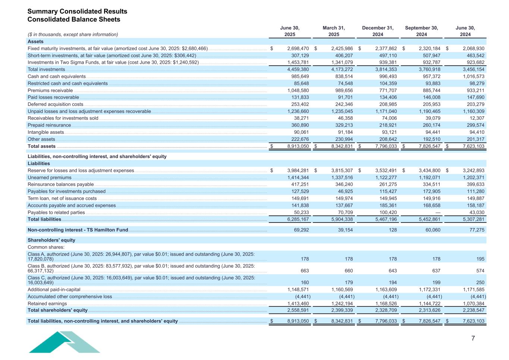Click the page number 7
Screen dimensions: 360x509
tap(473, 338)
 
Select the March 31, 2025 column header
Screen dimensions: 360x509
tap(334, 31)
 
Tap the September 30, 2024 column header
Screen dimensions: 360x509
tap(421, 31)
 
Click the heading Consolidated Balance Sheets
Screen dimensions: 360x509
tap(74, 19)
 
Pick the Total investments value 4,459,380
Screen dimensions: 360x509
tap(298, 69)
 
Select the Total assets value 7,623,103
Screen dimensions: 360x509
tap(474, 146)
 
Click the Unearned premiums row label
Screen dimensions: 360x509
tap(50, 178)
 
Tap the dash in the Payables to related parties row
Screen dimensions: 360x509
tap(438, 213)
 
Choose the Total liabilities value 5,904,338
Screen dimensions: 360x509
tap(342, 220)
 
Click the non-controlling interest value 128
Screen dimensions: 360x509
tap(393, 230)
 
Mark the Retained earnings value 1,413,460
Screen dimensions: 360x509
tap(298, 304)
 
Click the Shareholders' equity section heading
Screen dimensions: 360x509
tap(51, 240)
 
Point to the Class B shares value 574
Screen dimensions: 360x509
tap(480, 271)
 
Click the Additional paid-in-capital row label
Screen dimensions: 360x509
tap(54, 290)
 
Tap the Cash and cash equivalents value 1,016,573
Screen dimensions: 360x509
tap(474, 76)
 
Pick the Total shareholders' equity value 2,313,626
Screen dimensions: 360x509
tap(430, 310)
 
